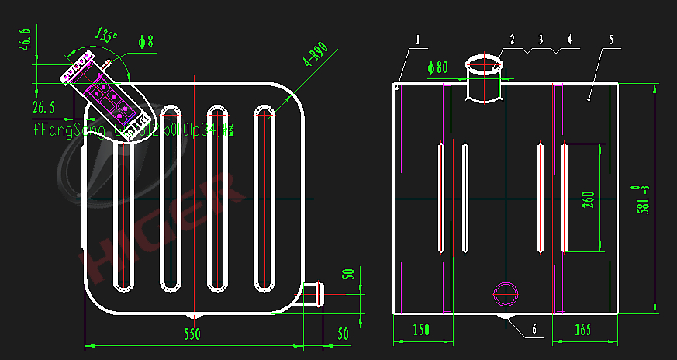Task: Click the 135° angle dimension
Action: pyautogui.click(x=106, y=36)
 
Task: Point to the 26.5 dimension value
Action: pyautogui.click(x=43, y=106)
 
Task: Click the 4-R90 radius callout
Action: pyautogui.click(x=317, y=56)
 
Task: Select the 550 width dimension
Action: pyautogui.click(x=192, y=334)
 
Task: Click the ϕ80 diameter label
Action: pyautogui.click(x=438, y=67)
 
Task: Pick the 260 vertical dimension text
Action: pyautogui.click(x=587, y=199)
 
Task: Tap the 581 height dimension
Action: pyautogui.click(x=642, y=200)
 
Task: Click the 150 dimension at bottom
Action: pyautogui.click(x=421, y=330)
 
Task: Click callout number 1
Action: pyautogui.click(x=417, y=39)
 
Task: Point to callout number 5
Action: pyautogui.click(x=611, y=39)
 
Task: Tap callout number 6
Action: pyautogui.click(x=534, y=329)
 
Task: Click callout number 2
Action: pyautogui.click(x=513, y=39)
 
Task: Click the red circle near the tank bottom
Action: pyautogui.click(x=506, y=293)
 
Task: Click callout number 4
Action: pyautogui.click(x=569, y=39)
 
